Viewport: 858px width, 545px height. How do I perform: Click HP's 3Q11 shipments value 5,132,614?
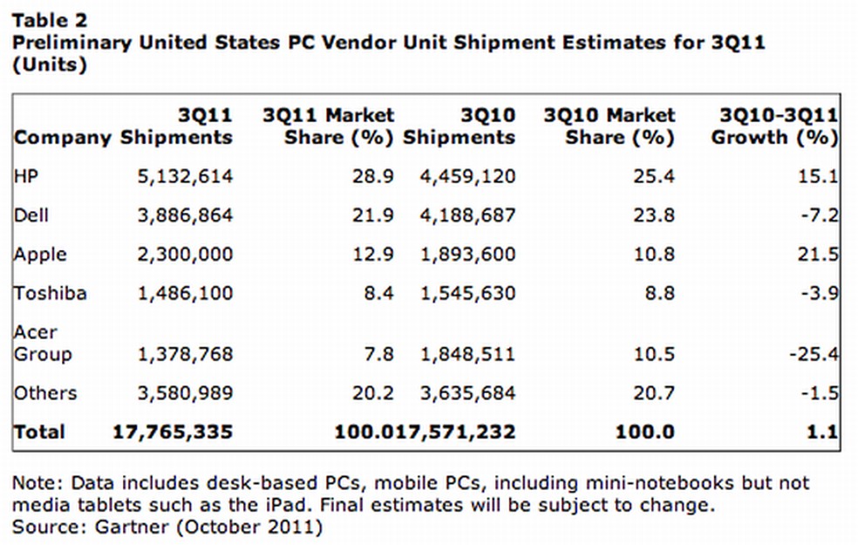pyautogui.click(x=185, y=177)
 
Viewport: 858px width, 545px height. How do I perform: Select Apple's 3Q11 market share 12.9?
pyautogui.click(x=377, y=255)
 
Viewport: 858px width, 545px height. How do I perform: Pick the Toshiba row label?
pyautogui.click(x=51, y=293)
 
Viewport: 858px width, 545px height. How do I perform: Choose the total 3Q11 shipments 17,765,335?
pyautogui.click(x=174, y=432)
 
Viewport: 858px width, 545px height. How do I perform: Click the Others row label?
pyautogui.click(x=45, y=392)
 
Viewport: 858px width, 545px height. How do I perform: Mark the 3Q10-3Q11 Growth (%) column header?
pyautogui.click(x=774, y=126)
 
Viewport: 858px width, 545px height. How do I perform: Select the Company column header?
pyautogui.click(x=63, y=138)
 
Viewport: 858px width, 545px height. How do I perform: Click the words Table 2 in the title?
pyautogui.click(x=50, y=18)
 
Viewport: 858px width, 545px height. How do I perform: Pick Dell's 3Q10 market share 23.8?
pyautogui.click(x=656, y=215)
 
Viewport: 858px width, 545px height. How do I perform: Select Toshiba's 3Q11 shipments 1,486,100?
pyautogui.click(x=185, y=293)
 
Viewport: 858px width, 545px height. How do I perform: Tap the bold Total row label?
pyautogui.click(x=39, y=432)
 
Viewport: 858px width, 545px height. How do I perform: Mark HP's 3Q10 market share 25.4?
pyautogui.click(x=656, y=177)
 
